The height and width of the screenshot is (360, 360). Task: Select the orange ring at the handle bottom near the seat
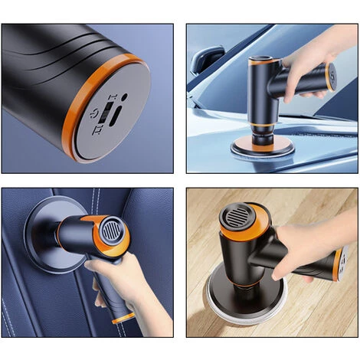pos(123,317)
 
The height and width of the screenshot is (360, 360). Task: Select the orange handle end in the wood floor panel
pos(345,260)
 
